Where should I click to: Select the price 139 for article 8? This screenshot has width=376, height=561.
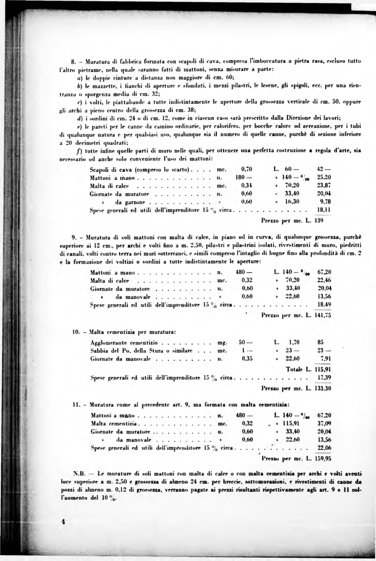pos(319,221)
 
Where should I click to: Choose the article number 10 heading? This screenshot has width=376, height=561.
pos(76,331)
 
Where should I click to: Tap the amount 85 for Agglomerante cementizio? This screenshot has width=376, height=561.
pos(321,342)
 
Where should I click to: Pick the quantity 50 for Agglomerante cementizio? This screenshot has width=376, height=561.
pos(241,342)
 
